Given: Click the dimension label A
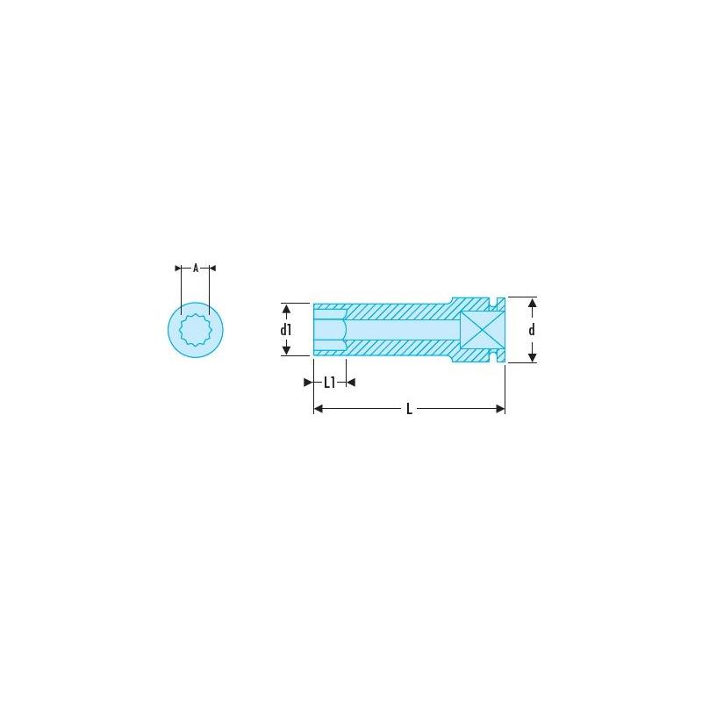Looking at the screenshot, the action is [195, 269].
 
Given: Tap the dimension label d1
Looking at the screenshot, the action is [286, 330].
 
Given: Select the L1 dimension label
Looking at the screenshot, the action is [330, 383].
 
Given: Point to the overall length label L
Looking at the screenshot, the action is [409, 409].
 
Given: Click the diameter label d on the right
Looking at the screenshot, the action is [532, 330].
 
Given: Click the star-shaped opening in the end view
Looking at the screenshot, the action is [195, 330].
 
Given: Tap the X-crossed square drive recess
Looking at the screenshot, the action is [483, 330].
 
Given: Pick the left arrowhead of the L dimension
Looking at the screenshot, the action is [318, 408].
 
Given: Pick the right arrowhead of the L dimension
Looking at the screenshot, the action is [500, 408].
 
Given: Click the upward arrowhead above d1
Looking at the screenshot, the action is [286, 308].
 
